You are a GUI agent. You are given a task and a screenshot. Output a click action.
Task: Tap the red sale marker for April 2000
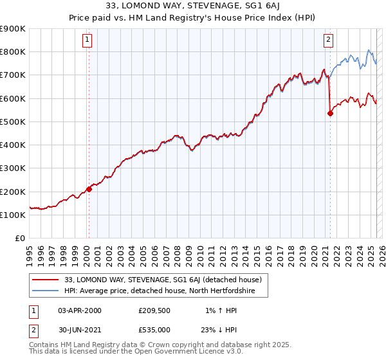coord(89,189)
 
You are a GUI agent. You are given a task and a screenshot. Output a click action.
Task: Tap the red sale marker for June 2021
coord(330,113)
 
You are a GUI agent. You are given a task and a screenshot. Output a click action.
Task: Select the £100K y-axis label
coord(13,215)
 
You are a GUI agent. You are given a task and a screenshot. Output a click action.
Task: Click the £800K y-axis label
coord(13,51)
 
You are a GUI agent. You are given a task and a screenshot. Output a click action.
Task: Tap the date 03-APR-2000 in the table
coord(80,310)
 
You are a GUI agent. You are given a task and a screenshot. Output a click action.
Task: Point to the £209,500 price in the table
coord(154,310)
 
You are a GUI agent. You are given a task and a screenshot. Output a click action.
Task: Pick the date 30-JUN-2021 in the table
coord(80,330)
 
